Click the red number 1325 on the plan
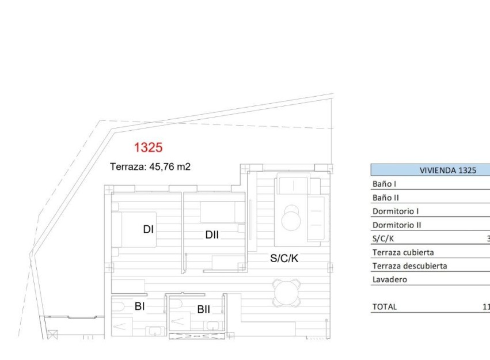pos(148,147)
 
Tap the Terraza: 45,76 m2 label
pos(150,167)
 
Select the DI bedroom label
pos(148,229)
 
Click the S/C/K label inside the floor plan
pos(284,259)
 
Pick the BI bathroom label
pos(139,306)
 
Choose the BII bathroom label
pos(203,309)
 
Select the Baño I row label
pos(385,184)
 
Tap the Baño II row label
pos(386,198)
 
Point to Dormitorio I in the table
pos(396,211)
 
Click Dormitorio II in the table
pos(397,225)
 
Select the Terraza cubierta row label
pos(403,252)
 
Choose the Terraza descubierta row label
pos(409,266)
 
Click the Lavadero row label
pos(390,280)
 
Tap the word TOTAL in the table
pos(384,307)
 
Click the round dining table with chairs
pos(286,292)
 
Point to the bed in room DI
pos(134,229)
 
